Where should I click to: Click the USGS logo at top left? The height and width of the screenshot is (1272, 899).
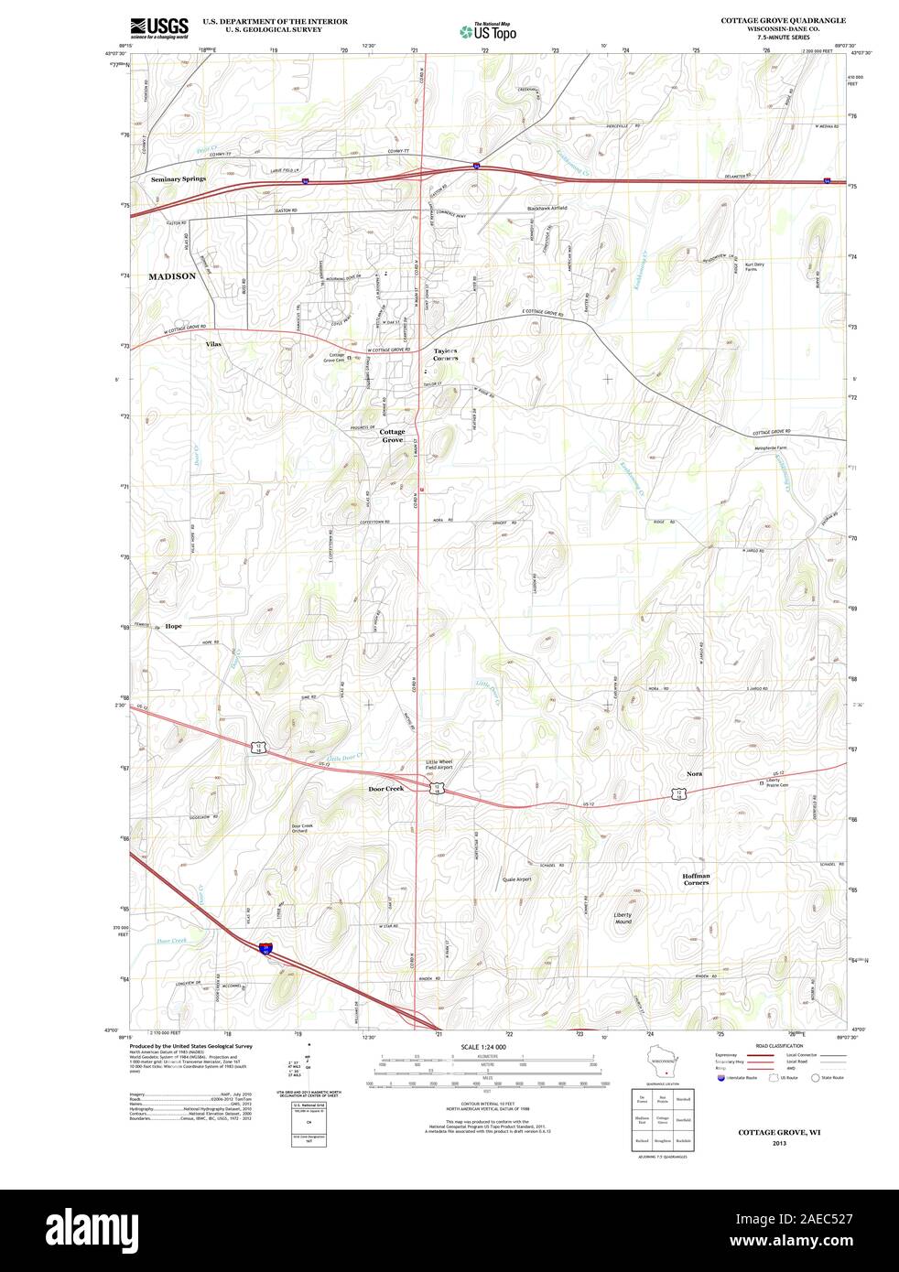pos(158,27)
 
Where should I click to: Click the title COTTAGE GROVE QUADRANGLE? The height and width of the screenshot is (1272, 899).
pos(783,19)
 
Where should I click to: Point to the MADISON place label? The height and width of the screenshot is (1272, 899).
pos(172,275)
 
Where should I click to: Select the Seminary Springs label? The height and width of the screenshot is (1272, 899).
pos(179,179)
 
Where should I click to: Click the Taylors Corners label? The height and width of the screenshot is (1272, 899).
pos(446,354)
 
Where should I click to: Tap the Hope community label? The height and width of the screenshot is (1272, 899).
pos(174,626)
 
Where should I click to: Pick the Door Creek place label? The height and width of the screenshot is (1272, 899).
pos(385,788)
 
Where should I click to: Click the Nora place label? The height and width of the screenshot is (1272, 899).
pos(695,774)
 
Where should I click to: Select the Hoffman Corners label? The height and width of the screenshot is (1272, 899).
pos(696,879)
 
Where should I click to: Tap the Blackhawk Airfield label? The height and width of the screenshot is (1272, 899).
pos(547,208)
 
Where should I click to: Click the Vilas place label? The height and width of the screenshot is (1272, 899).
pos(213,344)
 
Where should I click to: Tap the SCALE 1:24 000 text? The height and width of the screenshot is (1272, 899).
pos(482,1047)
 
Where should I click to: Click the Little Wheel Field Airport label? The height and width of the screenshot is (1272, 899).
pos(439,764)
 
